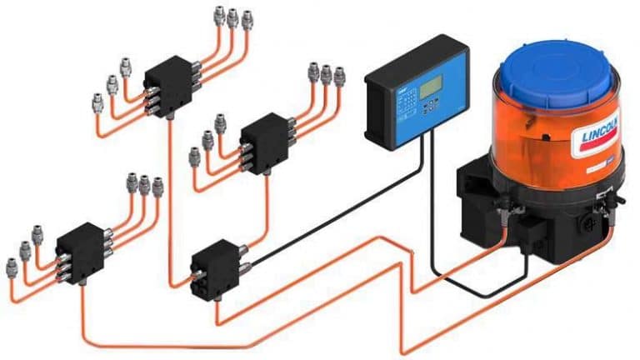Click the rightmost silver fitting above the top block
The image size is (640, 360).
click(246, 17)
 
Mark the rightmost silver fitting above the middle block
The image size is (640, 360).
click(339, 75)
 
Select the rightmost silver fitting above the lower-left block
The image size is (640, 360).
click(157, 186)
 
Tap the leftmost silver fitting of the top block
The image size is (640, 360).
click(98, 102)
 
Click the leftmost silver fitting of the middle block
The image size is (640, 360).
click(195, 156)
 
